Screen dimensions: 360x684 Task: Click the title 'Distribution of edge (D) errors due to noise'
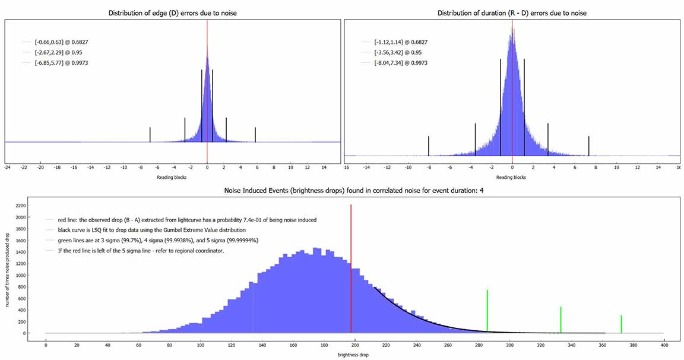coord(172,12)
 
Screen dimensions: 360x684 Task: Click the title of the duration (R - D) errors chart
coord(512,12)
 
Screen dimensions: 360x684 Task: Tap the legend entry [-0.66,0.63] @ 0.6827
coord(53,42)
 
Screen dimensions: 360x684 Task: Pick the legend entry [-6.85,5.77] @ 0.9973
coord(53,62)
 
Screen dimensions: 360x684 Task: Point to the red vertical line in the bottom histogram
coord(351,267)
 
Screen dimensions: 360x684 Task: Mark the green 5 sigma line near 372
coord(621,324)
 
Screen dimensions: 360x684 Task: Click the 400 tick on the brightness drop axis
coord(664,345)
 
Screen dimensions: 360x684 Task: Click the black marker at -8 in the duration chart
coord(428,146)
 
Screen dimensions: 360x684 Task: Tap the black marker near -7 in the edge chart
coord(150,135)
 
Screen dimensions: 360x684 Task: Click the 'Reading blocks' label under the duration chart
coord(511,177)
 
